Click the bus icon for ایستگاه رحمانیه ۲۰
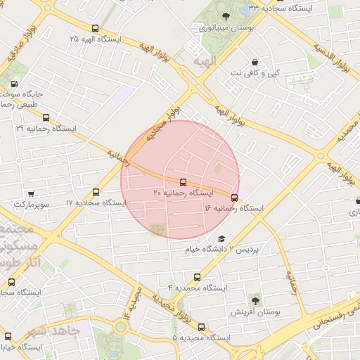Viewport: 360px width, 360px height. (x=184, y=182)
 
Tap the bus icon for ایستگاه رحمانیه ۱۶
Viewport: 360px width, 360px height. (x=234, y=198)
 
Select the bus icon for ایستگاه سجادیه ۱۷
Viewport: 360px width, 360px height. (x=96, y=192)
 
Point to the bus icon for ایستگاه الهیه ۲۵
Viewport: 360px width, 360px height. (x=95, y=28)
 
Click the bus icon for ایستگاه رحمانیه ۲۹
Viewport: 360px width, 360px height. (x=46, y=118)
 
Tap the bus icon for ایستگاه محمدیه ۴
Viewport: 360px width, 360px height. (x=197, y=277)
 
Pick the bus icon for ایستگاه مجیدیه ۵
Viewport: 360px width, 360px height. (x=202, y=327)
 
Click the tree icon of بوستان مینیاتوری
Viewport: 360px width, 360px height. (x=224, y=17)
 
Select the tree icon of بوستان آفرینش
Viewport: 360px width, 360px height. (x=255, y=300)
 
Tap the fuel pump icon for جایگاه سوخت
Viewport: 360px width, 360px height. (x=15, y=83)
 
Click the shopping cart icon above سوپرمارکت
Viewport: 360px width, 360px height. (x=31, y=193)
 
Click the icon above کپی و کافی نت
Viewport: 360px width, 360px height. (x=255, y=62)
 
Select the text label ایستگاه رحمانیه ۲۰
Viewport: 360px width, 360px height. (x=183, y=193)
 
